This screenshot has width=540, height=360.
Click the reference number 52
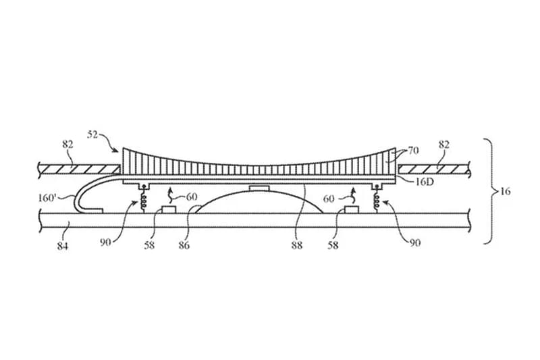click(x=94, y=134)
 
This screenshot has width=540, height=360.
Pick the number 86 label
click(x=184, y=245)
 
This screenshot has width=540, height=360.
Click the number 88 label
click(x=297, y=245)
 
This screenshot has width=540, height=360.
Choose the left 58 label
click(x=149, y=245)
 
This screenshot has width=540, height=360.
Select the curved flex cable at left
click(x=80, y=196)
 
